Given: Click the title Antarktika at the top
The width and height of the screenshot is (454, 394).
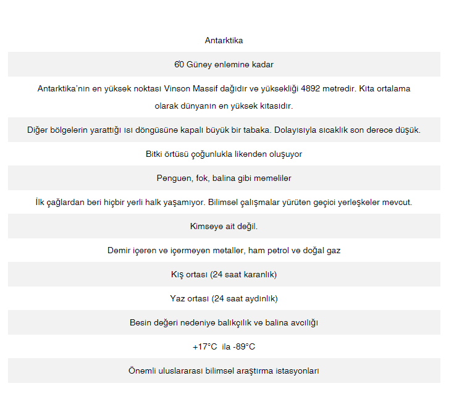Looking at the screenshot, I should click(224, 41).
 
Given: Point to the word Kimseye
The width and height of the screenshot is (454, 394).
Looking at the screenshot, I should click(206, 227).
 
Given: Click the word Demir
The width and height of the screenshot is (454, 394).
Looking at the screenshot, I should click(119, 251).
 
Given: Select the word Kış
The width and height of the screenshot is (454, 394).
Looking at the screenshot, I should click(177, 275).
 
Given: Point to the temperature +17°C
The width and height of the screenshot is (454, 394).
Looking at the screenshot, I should click(205, 347).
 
